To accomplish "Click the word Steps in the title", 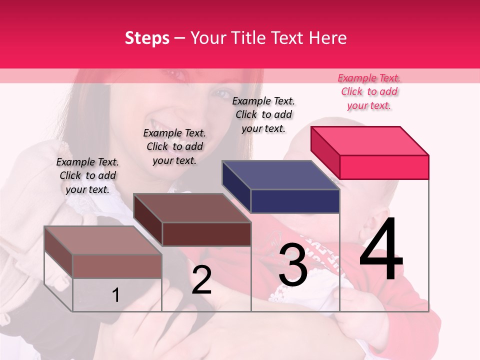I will point(147,38).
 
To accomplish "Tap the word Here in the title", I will point(327,38).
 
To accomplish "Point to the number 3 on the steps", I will point(293,265).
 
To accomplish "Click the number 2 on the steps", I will point(201,280).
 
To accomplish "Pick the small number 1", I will point(115,295).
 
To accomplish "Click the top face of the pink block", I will point(370,140).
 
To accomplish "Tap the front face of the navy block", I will point(295,201).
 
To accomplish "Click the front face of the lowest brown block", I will point(117,266).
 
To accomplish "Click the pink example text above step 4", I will point(369,91).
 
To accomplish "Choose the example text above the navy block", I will point(263,114).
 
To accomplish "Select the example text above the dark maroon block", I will point(174,146).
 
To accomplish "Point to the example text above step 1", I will point(87,175).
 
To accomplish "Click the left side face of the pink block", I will point(325,152).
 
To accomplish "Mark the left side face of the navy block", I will point(236,186).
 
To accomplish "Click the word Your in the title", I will point(208,38).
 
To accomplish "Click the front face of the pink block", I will point(384,167).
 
